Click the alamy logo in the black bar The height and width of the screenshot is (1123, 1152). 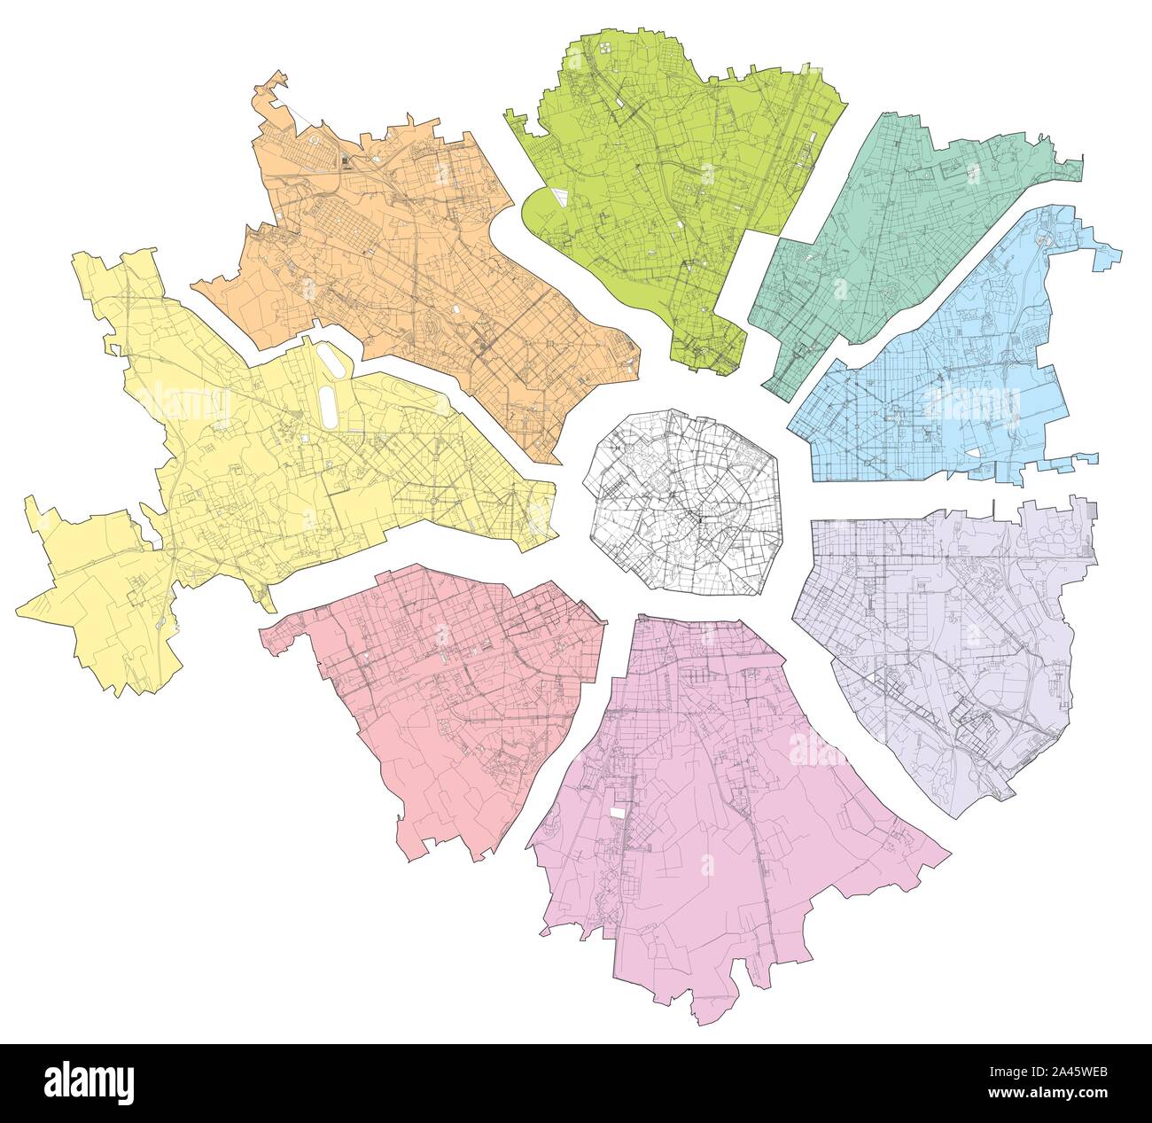click(89, 1082)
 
